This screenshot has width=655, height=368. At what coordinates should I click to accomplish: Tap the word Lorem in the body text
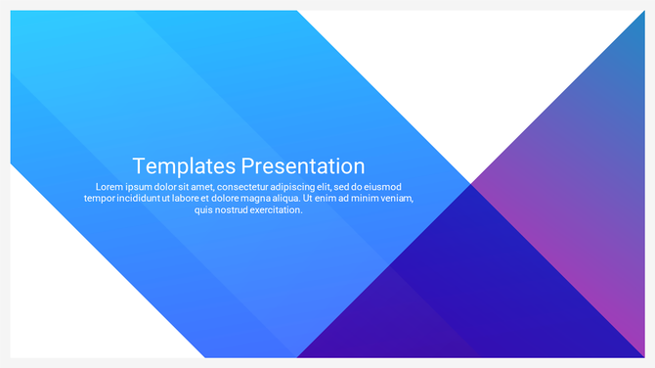click(x=109, y=187)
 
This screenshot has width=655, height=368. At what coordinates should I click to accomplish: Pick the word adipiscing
click(x=311, y=187)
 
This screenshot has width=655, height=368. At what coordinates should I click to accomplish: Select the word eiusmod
click(x=380, y=187)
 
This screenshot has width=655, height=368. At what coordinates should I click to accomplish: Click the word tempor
click(x=101, y=199)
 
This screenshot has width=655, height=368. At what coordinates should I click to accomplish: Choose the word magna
click(x=269, y=199)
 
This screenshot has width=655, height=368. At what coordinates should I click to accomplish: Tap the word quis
click(x=204, y=210)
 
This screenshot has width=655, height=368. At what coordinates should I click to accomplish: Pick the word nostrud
click(x=237, y=210)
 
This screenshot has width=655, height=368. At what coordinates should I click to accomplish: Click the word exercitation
click(x=281, y=210)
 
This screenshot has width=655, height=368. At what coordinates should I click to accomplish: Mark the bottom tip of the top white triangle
click(x=470, y=181)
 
